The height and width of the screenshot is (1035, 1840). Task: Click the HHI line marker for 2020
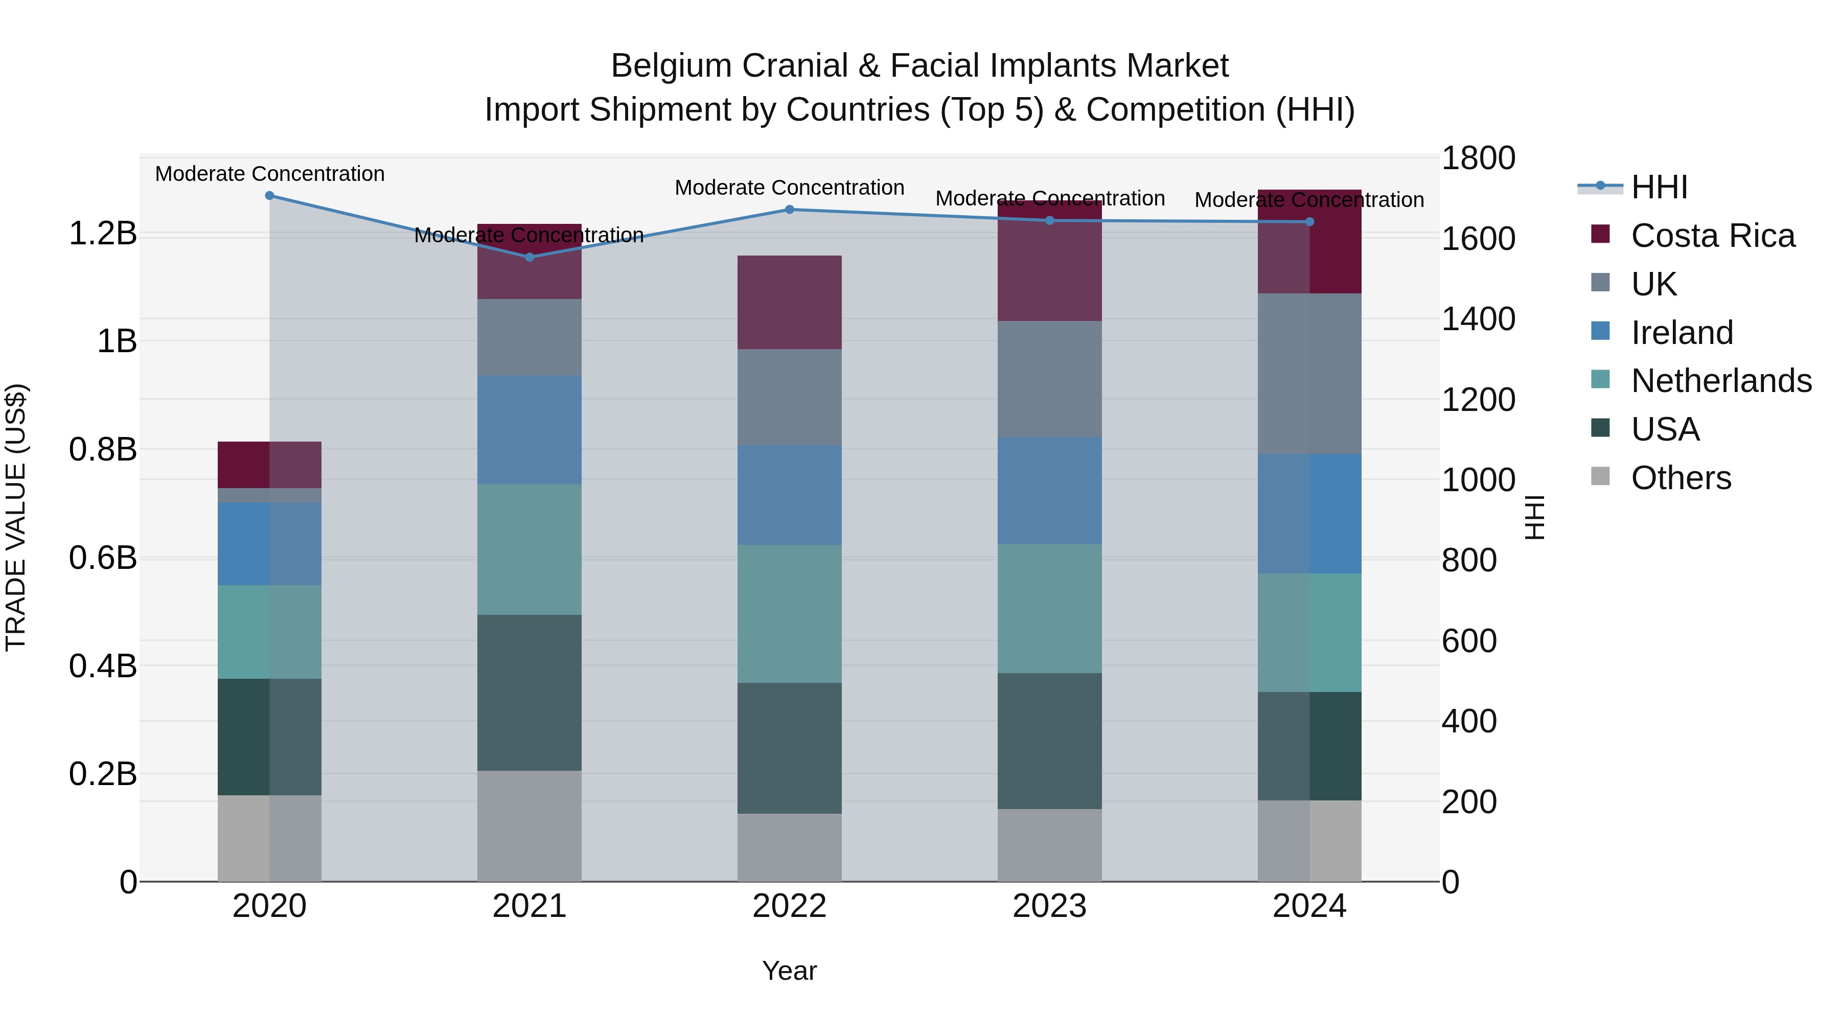click(269, 196)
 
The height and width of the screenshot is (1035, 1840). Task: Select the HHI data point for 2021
click(530, 257)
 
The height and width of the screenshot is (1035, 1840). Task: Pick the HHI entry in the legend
click(1659, 187)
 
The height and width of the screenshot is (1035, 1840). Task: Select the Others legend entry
click(1680, 478)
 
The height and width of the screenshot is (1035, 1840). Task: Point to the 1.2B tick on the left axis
click(103, 234)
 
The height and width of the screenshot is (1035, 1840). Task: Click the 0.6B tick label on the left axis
click(103, 558)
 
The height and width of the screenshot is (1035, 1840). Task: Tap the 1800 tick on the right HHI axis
click(1477, 158)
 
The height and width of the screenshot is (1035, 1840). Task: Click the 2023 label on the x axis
click(1049, 906)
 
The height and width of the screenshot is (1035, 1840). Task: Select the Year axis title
click(789, 971)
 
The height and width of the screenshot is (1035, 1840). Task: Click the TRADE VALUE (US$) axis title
click(16, 517)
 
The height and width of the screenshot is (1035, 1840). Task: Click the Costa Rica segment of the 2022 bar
click(789, 302)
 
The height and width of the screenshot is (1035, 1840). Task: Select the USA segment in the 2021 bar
click(530, 692)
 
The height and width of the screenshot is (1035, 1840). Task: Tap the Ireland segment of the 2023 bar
click(1049, 491)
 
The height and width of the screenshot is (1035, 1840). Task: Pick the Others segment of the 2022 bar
click(789, 847)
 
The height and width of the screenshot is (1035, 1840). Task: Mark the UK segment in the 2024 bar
click(1309, 374)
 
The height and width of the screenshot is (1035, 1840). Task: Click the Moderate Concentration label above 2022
click(789, 188)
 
